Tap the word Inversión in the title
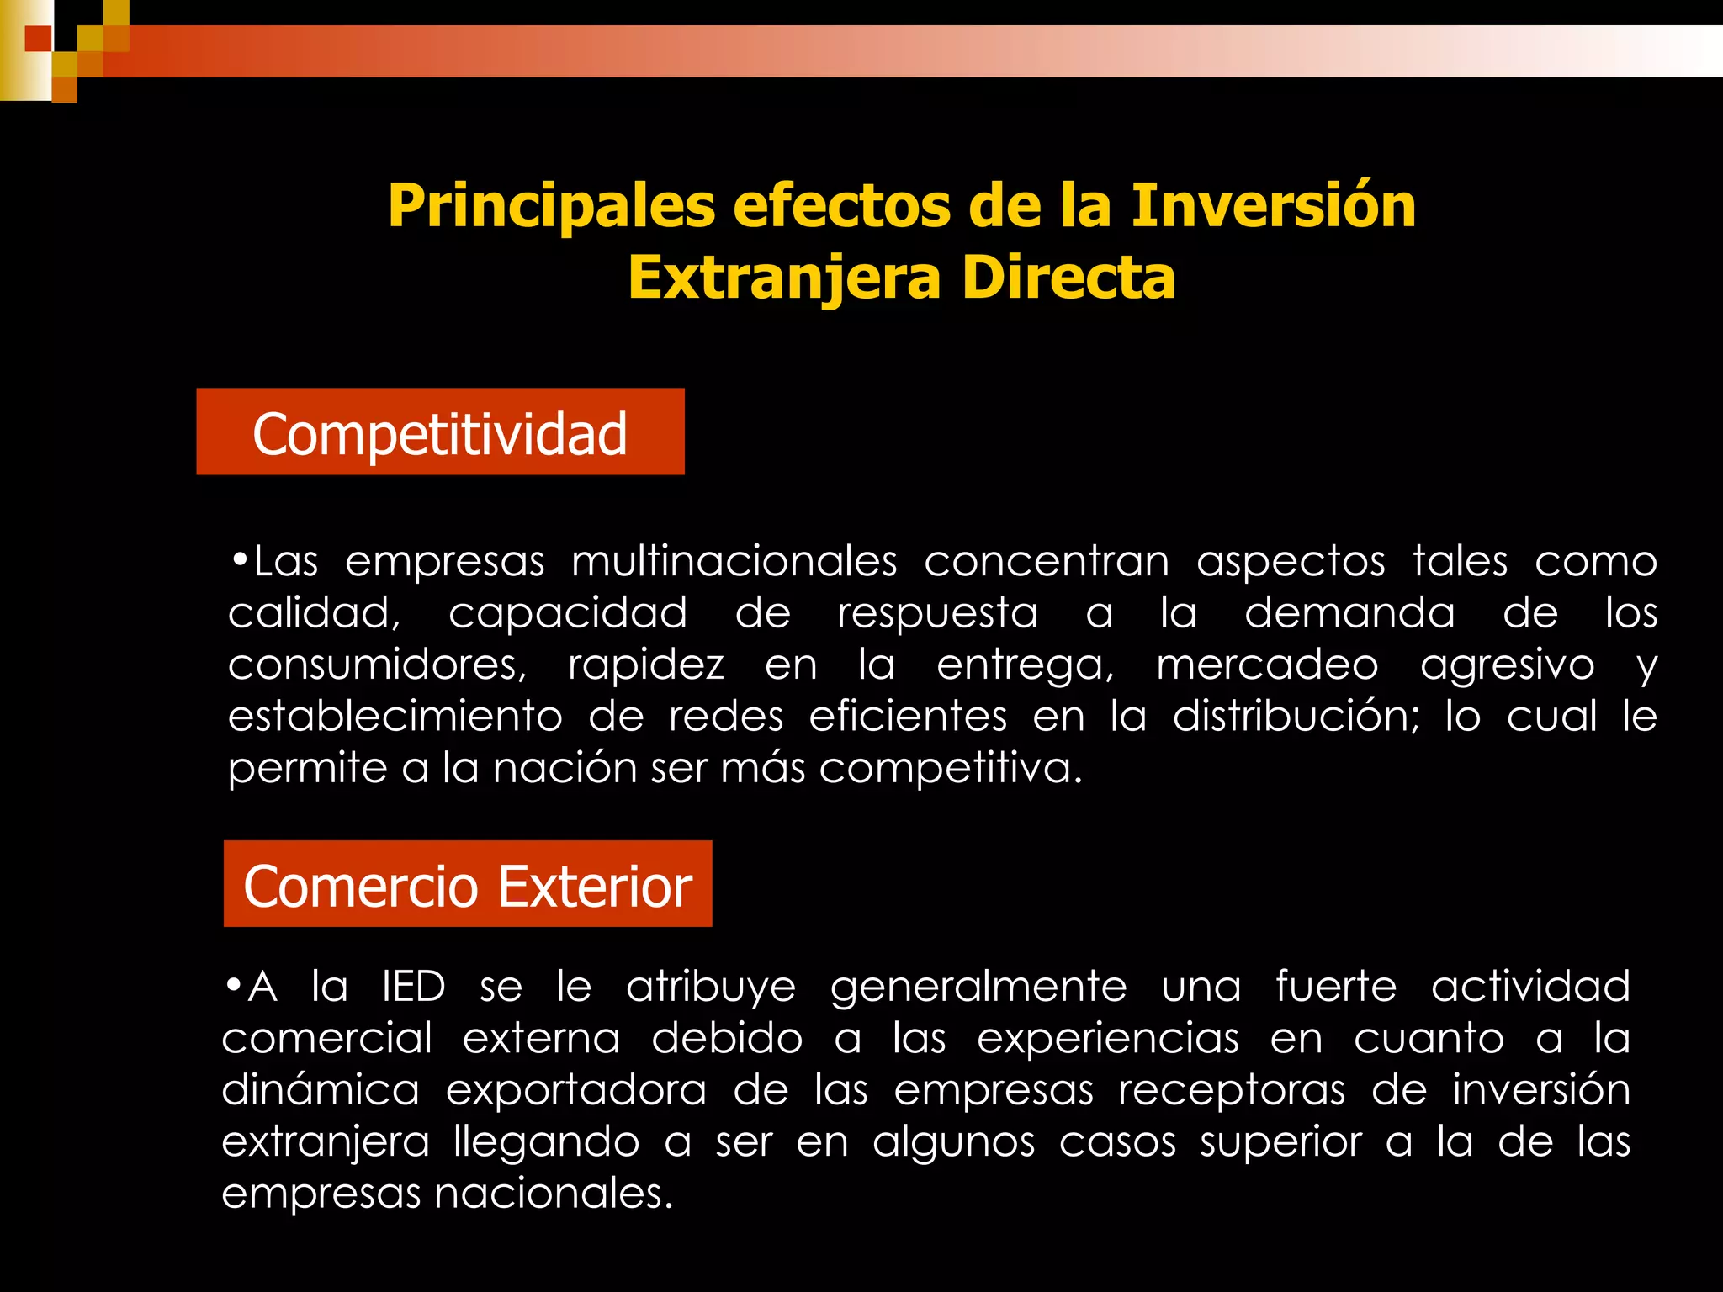(x=1273, y=205)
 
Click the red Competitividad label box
(x=440, y=432)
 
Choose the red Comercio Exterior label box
(x=468, y=885)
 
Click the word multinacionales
(x=734, y=561)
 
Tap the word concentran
(x=1047, y=561)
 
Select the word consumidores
(x=377, y=665)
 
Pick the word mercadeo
(x=1267, y=665)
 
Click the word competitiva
(x=950, y=769)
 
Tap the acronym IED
(x=413, y=987)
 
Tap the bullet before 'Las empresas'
(x=240, y=559)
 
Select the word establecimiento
(x=395, y=717)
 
